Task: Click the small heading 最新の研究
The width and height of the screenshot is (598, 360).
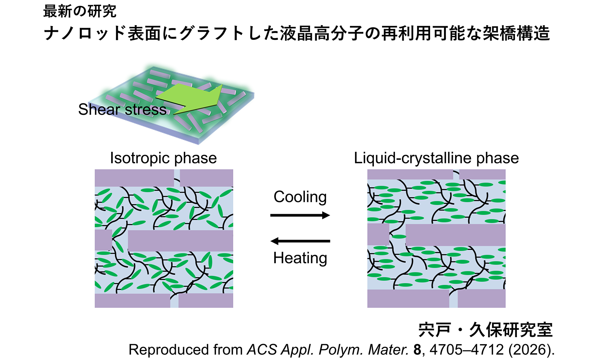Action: pyautogui.click(x=80, y=11)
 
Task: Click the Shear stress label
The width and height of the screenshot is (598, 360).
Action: pyautogui.click(x=122, y=109)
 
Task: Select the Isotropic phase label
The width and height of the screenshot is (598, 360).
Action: pyautogui.click(x=164, y=158)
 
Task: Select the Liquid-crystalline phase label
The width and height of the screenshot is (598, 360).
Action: pyautogui.click(x=436, y=158)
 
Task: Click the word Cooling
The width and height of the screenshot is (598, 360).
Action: pyautogui.click(x=300, y=197)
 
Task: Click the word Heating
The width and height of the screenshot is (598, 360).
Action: pyautogui.click(x=300, y=258)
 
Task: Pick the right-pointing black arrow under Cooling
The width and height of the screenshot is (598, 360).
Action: pyautogui.click(x=300, y=215)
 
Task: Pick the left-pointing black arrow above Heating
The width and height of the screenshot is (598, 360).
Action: pyautogui.click(x=300, y=241)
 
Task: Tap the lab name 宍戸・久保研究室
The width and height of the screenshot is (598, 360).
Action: pyautogui.click(x=485, y=330)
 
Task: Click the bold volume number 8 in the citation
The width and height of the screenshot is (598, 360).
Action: pyautogui.click(x=417, y=350)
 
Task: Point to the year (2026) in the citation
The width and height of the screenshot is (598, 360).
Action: pyautogui.click(x=528, y=350)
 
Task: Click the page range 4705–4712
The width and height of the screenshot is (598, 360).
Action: pyautogui.click(x=467, y=350)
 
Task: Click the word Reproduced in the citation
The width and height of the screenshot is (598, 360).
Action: pyautogui.click(x=169, y=350)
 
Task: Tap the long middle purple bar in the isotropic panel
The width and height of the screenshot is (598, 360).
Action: pyautogui.click(x=181, y=241)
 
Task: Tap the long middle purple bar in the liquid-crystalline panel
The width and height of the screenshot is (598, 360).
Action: pyautogui.click(x=456, y=235)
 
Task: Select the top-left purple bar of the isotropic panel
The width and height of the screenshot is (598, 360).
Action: pyautogui.click(x=134, y=178)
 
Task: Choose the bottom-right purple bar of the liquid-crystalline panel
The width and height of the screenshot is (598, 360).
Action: pyautogui.click(x=482, y=299)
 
